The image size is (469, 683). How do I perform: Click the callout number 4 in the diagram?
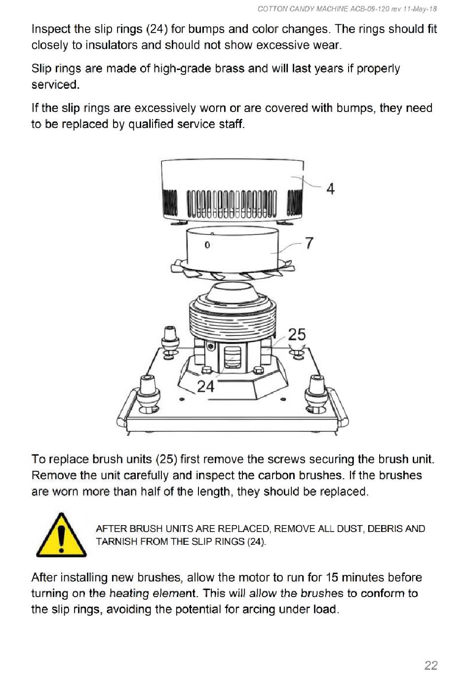330,189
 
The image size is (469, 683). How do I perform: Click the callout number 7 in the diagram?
309,243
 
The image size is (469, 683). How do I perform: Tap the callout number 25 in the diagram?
297,335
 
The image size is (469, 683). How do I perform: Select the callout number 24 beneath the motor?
206,386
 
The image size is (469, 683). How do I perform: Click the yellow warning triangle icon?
61,535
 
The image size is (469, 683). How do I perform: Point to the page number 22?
430,665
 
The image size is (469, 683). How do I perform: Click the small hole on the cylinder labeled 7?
207,245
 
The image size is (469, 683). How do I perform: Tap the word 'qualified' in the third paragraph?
152,124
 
